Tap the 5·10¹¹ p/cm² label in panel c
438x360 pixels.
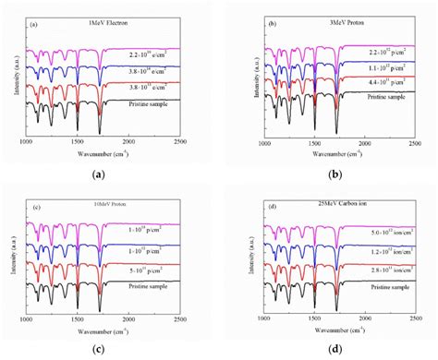pyautogui.click(x=152, y=271)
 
